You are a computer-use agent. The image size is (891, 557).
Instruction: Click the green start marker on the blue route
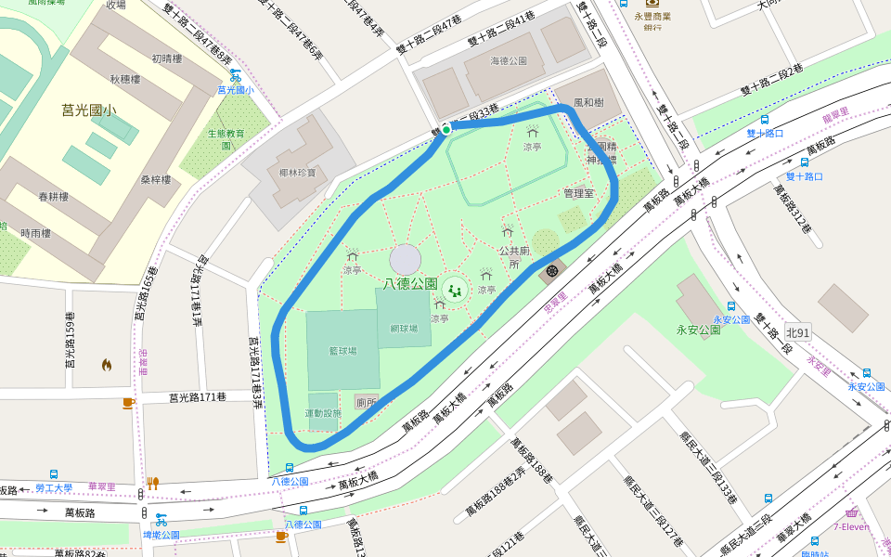pos(446,130)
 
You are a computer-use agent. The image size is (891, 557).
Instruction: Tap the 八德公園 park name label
pos(409,284)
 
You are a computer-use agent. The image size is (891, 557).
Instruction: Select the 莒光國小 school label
pos(89,110)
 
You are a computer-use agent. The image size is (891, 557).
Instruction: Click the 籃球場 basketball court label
pos(342,351)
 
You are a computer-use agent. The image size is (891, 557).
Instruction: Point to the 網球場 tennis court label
pos(405,329)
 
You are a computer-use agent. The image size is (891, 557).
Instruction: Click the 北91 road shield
pos(797,331)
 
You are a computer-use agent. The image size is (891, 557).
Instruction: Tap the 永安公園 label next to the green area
pos(698,330)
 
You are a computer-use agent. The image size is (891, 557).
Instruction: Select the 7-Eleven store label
pos(851,527)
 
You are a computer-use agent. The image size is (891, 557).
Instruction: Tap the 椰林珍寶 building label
pos(297,173)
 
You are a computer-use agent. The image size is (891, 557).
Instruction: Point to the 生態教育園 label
pos(226,139)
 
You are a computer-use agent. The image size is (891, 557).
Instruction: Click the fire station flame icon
pos(107,365)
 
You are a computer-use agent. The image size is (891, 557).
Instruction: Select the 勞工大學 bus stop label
pos(54,487)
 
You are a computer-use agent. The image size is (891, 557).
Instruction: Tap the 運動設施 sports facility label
pos(323,413)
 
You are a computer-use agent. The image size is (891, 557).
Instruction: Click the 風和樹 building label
pos(588,102)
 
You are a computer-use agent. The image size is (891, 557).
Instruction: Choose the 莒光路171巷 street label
pos(198,397)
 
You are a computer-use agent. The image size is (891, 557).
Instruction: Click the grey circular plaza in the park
pos(406,260)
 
